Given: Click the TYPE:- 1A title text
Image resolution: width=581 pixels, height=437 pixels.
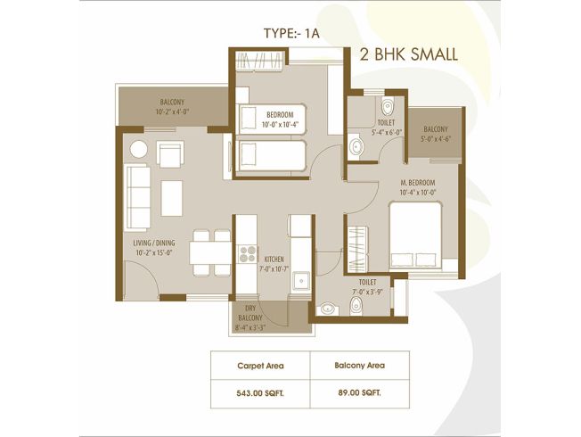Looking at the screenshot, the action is [291, 33].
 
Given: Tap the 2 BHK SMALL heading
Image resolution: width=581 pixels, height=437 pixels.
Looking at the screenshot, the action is [409, 55].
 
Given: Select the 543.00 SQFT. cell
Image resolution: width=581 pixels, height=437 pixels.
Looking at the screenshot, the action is [260, 393].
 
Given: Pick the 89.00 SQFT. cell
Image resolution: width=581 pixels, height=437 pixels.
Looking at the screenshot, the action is [359, 393].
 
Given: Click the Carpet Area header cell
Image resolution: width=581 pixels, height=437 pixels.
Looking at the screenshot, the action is [260, 366].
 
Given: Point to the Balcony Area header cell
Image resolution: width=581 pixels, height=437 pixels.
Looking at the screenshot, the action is [359, 366].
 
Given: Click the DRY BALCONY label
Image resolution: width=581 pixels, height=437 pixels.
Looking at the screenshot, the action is [250, 313].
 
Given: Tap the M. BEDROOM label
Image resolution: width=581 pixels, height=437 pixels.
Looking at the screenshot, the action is [418, 183].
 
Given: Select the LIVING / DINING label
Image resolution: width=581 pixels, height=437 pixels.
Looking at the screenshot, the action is [154, 243].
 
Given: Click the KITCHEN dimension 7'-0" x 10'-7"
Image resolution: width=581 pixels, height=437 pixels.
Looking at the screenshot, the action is [274, 269].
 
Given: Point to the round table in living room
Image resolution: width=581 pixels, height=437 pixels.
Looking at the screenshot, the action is [139, 150].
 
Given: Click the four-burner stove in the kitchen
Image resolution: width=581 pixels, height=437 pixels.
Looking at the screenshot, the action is [247, 254].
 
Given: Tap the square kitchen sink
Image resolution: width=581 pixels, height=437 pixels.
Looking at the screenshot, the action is [301, 281].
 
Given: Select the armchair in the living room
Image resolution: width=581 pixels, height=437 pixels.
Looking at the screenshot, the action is [170, 153].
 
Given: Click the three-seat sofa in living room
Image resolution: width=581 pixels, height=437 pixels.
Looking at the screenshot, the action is [138, 197].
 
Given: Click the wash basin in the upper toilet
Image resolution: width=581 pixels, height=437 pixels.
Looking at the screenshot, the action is [356, 147].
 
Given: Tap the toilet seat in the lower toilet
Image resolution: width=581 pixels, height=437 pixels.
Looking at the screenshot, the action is [356, 306].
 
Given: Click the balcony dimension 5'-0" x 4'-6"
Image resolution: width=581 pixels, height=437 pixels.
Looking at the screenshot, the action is [436, 139].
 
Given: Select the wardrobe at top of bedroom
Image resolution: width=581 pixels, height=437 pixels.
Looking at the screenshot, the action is [259, 61].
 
